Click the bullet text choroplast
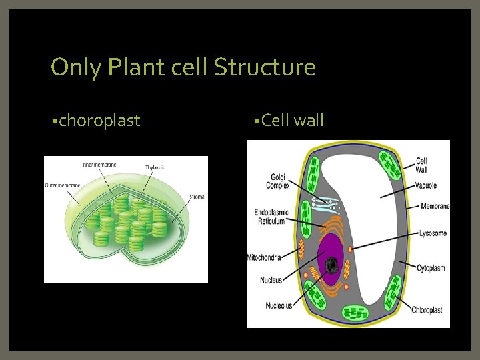tap(99, 121)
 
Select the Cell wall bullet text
tap(293, 121)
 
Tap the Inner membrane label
tap(99, 165)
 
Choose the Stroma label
tap(197, 197)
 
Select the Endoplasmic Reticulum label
tap(270, 217)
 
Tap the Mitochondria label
tap(263, 257)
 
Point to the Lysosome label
tap(433, 233)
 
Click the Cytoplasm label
tap(431, 268)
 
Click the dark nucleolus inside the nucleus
tap(331, 266)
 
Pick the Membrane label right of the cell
tap(435, 206)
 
